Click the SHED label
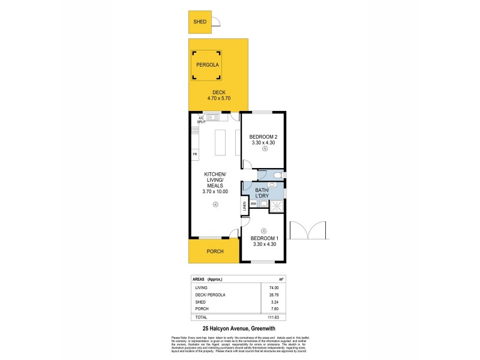pos(200,22)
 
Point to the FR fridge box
pos(195,155)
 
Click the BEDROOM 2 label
pos(263,137)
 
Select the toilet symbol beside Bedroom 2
pos(274,175)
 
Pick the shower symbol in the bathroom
pos(277,207)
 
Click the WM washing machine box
pos(253,204)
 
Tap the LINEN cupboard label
pos(244,207)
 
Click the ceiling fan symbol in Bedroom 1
pos(263,230)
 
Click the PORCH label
pos(214,251)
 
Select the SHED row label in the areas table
pos(199,302)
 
